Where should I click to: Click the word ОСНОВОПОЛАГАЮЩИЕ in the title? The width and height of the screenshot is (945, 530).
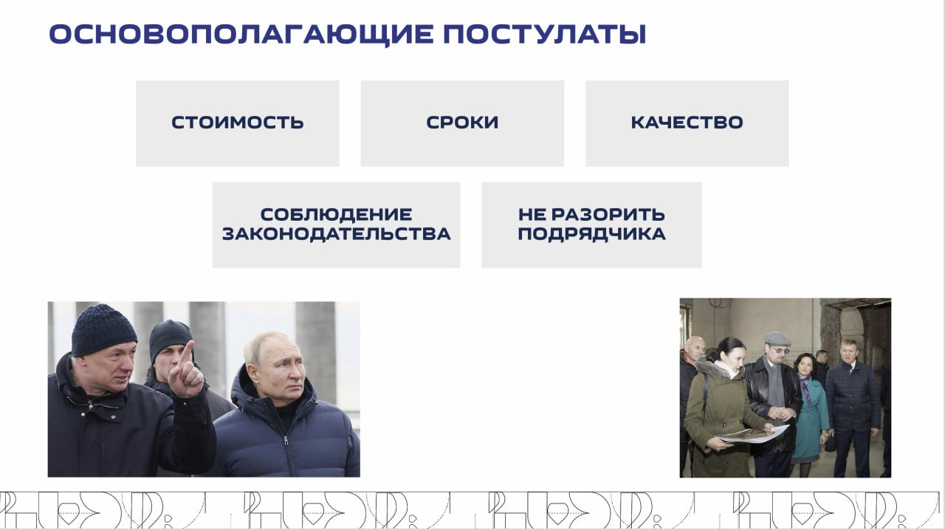tap(241, 35)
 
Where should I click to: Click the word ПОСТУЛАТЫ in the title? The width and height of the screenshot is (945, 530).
tap(545, 35)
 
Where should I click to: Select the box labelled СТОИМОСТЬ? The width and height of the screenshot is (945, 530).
tap(238, 123)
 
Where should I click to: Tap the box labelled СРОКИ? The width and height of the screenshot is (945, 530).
tap(462, 123)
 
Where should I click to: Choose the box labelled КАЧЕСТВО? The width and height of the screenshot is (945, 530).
tap(687, 123)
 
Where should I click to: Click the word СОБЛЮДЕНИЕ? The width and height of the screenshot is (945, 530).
tap(336, 214)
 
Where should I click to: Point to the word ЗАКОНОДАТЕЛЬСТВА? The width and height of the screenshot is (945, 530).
tap(336, 234)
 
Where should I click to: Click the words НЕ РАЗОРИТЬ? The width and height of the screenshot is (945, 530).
tap(591, 214)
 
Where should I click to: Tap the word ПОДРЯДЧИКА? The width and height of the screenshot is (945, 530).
tap(591, 234)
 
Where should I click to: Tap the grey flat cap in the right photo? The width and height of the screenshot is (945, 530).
tap(777, 339)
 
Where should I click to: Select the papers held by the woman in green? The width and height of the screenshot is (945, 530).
tap(754, 434)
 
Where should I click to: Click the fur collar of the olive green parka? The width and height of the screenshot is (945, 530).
tap(716, 368)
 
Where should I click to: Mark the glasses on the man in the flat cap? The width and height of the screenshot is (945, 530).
tap(781, 350)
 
